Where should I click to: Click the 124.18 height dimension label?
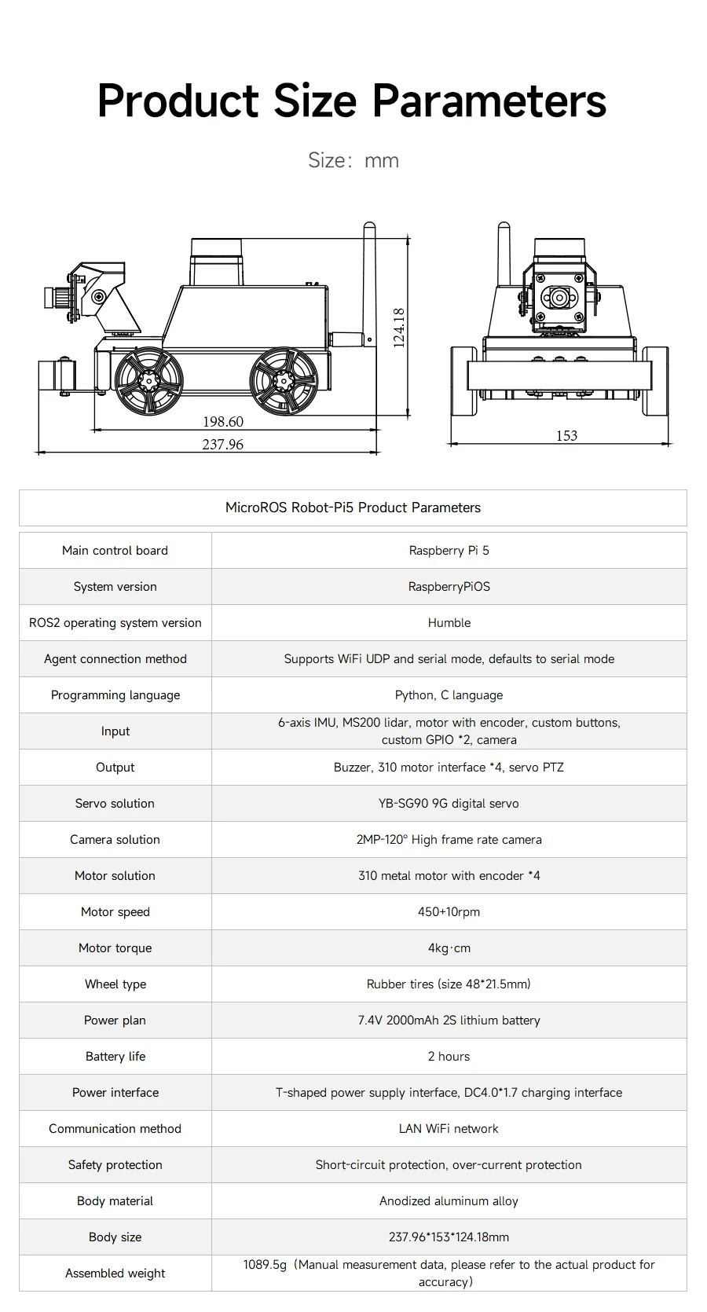pos(399,328)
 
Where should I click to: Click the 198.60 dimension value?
pos(223,422)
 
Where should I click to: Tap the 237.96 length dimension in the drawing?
pos(222,445)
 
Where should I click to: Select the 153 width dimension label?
pos(566,435)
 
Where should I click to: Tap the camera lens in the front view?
pos(559,298)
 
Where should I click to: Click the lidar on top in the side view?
pos(217,262)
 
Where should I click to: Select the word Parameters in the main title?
pos(489,101)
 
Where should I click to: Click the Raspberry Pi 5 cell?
pos(449,551)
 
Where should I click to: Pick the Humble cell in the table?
pos(449,623)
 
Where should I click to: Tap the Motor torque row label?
pos(115,948)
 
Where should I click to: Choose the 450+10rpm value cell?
pos(449,912)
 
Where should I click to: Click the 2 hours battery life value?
pos(449,1057)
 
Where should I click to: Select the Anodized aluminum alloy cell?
pos(449,1201)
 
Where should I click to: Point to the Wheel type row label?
pos(115,984)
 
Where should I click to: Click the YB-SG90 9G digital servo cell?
pos(449,804)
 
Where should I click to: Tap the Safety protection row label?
pos(115,1165)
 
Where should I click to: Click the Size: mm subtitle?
pos(353,160)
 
